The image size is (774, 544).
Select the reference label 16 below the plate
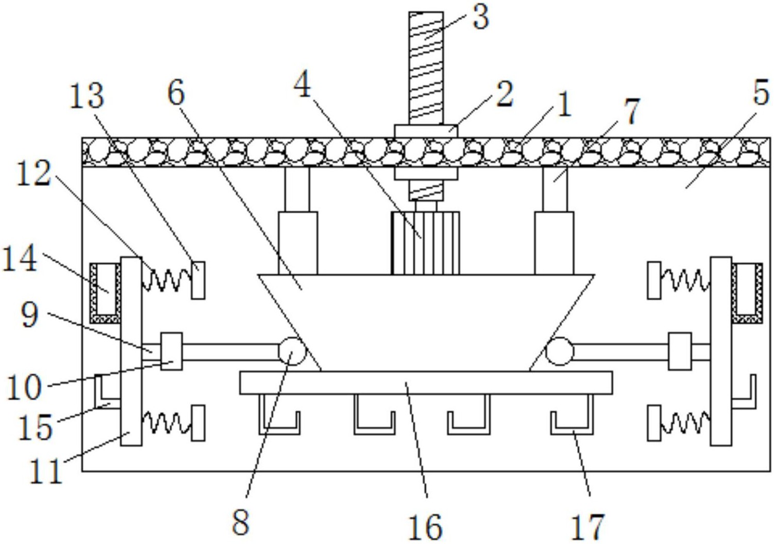(425, 526)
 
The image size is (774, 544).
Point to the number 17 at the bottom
(588, 526)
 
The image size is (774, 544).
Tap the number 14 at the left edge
(20, 258)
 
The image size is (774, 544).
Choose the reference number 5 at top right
(761, 92)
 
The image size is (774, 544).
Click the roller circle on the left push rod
(292, 351)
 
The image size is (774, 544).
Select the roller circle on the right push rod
(560, 351)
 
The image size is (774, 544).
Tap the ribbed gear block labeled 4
(426, 243)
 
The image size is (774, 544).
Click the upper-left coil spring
(166, 279)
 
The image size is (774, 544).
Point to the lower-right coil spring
(685, 423)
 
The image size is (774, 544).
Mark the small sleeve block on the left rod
(172, 351)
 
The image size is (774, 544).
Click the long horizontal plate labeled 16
(426, 383)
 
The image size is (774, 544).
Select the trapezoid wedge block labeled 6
(426, 323)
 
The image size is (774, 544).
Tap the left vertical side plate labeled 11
(131, 351)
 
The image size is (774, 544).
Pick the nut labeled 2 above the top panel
(426, 131)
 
